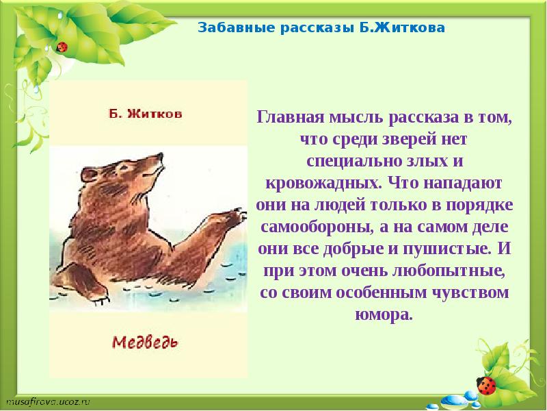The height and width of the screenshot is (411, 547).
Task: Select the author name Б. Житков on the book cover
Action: point(145,114)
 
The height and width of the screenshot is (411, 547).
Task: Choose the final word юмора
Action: point(386,316)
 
